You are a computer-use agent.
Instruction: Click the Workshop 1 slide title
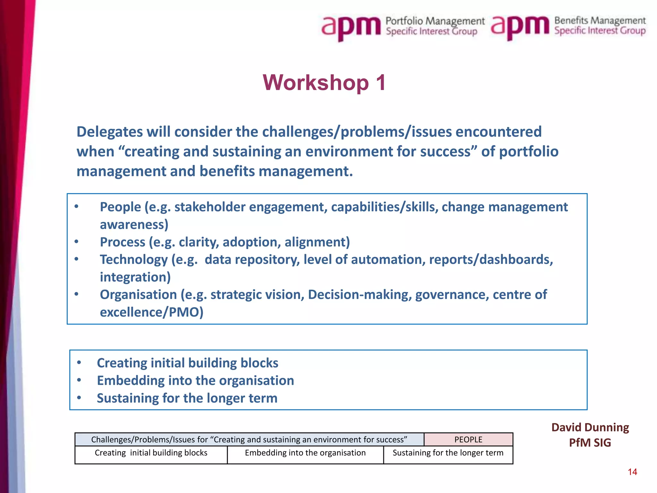324,83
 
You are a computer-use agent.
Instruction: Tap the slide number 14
632,472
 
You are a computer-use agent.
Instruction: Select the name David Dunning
590,428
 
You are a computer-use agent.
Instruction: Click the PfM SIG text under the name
590,443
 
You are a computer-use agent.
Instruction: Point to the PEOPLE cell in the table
468,439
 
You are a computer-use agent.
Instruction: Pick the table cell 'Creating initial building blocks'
151,453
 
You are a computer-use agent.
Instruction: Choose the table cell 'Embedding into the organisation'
305,453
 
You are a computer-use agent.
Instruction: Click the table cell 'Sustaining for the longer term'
448,453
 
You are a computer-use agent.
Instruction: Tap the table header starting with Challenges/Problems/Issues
249,439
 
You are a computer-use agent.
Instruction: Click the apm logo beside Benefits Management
520,27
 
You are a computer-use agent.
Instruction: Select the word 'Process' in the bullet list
123,242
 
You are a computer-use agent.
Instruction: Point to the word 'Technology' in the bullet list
134,260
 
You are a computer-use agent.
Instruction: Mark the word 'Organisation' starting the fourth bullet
138,295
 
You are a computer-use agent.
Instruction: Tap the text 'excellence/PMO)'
152,312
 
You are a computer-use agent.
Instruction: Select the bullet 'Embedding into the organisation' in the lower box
195,381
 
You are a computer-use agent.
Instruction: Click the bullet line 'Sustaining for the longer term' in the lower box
187,398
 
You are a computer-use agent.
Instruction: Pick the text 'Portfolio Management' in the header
435,21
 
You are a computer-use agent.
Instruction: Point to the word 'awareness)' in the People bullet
134,225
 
